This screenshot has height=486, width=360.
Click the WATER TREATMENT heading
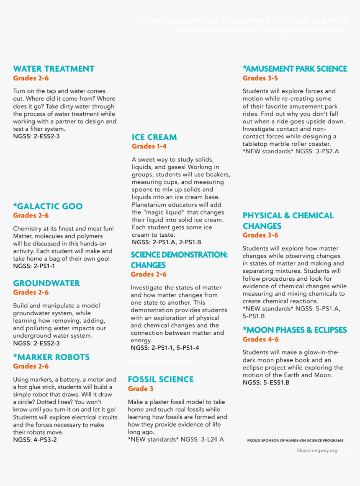tap(54, 69)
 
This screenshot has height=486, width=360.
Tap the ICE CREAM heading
tap(154, 137)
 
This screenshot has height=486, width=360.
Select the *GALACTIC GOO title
tap(48, 206)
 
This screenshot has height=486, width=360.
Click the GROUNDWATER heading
tap(46, 283)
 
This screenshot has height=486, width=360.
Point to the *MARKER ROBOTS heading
tap(51, 357)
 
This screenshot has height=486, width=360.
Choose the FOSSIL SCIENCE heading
tap(161, 379)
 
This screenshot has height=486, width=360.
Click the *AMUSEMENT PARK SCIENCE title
tap(295, 69)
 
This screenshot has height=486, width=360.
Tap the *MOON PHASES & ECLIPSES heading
tap(295, 330)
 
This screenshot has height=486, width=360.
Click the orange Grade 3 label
tap(141, 389)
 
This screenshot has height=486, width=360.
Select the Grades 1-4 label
tap(149, 146)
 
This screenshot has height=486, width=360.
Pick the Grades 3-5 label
tap(260, 78)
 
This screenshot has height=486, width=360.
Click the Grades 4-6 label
tap(260, 339)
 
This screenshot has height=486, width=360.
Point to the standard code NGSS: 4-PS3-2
tap(35, 439)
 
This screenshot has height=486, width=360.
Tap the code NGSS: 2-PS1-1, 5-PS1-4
tap(165, 348)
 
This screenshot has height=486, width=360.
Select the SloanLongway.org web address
tap(317, 450)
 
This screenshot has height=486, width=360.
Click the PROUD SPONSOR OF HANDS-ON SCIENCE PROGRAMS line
tap(295, 440)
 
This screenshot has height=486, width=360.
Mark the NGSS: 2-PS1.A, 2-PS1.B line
tap(167, 242)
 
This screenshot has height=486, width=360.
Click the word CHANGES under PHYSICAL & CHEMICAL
tap(262, 226)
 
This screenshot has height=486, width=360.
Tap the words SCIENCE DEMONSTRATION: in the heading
tap(179, 255)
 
